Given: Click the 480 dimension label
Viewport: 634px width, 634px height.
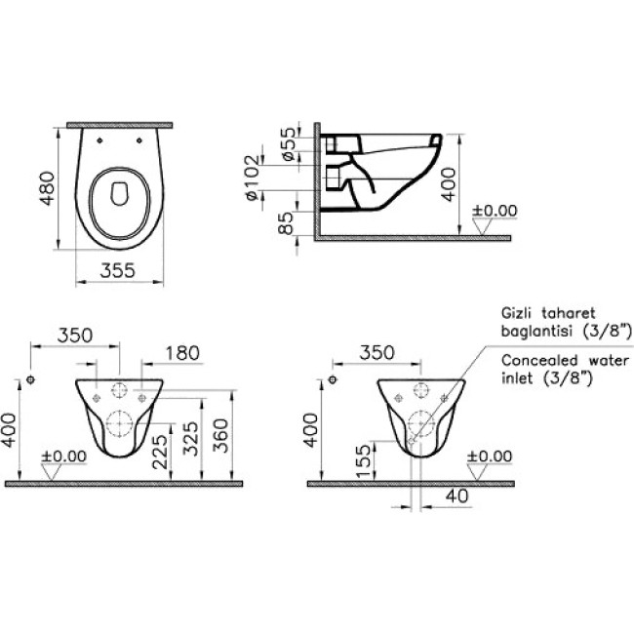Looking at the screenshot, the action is pyautogui.click(x=48, y=188).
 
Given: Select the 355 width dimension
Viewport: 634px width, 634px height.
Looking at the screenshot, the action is pyautogui.click(x=118, y=270).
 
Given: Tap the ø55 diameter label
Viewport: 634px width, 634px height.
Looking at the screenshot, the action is pyautogui.click(x=290, y=144).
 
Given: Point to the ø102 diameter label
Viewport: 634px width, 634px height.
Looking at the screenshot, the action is pyautogui.click(x=253, y=178).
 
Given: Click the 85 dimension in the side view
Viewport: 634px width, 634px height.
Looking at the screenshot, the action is pyautogui.click(x=286, y=222).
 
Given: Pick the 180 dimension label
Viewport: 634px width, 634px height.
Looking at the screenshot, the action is pyautogui.click(x=182, y=353).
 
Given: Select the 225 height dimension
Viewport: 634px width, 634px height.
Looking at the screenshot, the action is pyautogui.click(x=160, y=452).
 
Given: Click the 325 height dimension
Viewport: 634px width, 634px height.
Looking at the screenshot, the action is pyautogui.click(x=191, y=439).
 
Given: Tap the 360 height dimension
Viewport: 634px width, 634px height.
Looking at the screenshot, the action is pyautogui.click(x=221, y=435).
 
